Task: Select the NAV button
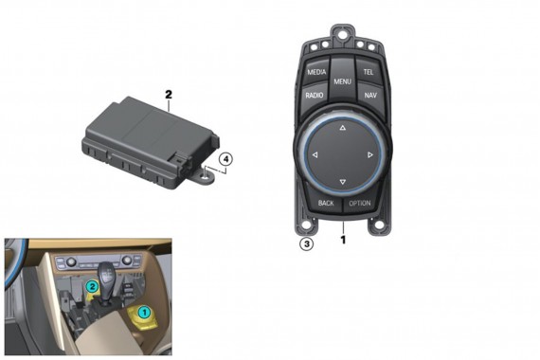(x=369, y=96)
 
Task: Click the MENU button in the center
(x=342, y=83)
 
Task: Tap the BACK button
(x=326, y=203)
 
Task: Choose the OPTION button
(x=360, y=203)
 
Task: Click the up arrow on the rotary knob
(x=342, y=126)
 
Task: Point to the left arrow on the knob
(x=315, y=154)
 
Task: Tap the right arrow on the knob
(x=370, y=154)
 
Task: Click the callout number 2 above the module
(x=168, y=95)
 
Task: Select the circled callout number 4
(x=225, y=160)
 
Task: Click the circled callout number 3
(x=306, y=243)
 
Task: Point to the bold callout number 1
(x=343, y=241)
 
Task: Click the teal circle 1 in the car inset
(x=145, y=311)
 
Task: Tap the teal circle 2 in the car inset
(x=93, y=285)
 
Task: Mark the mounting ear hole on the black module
(x=206, y=173)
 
